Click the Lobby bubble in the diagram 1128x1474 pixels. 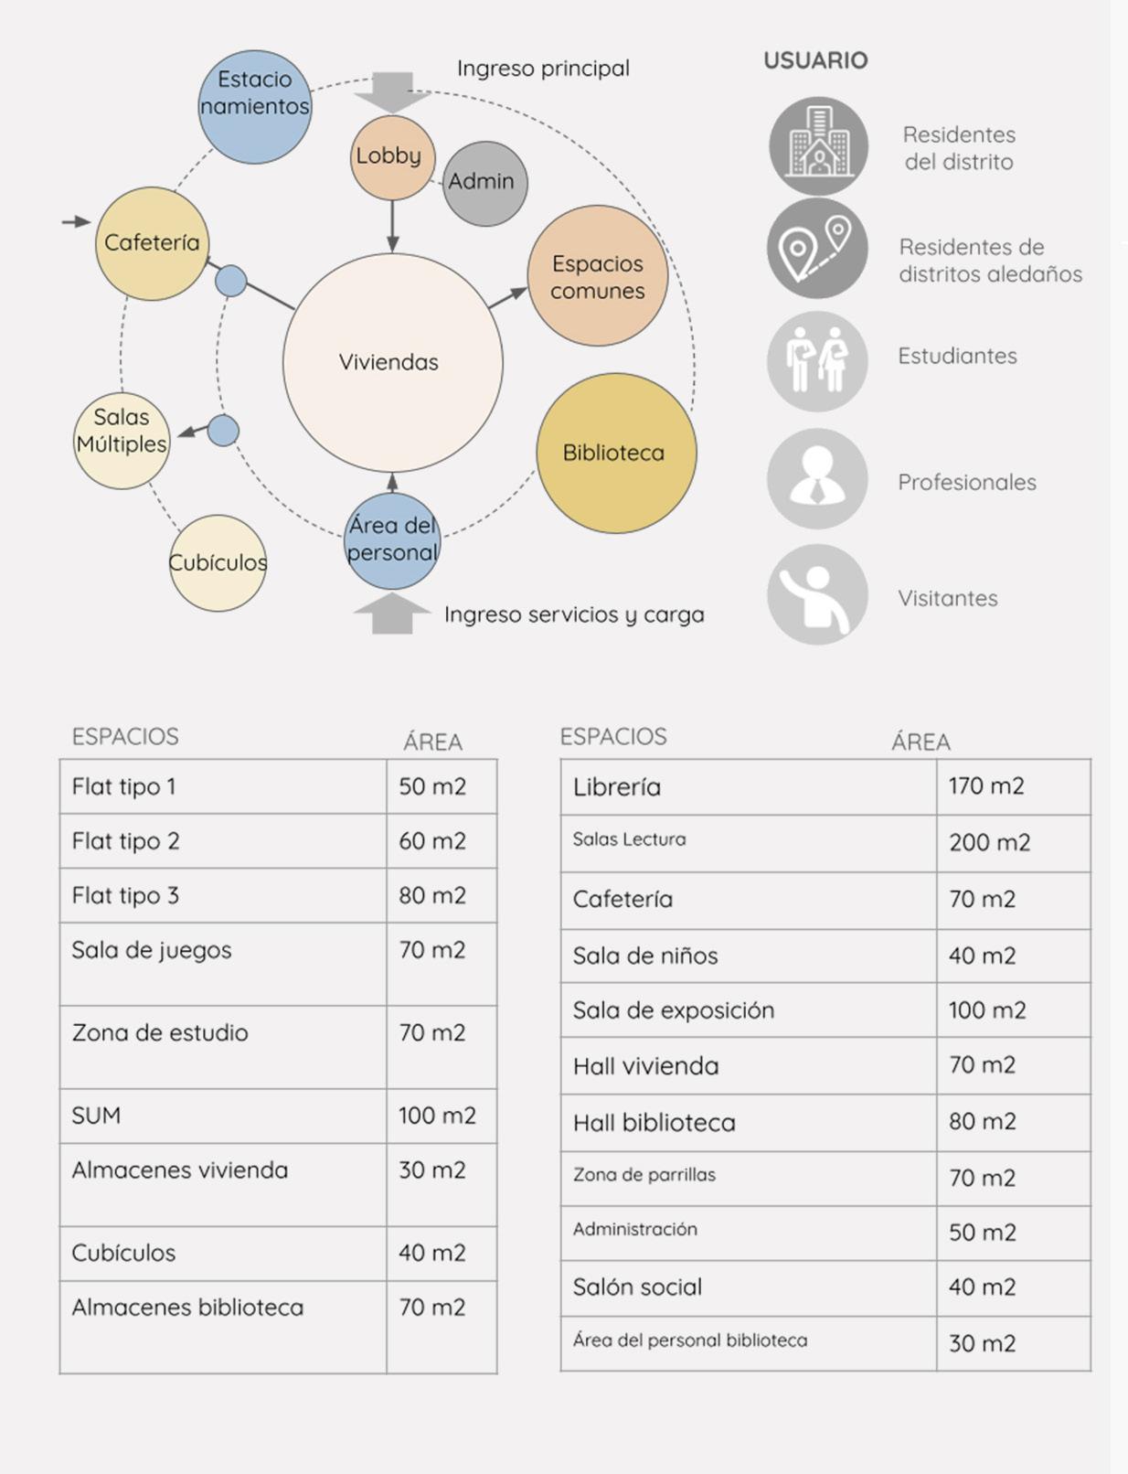coord(391,157)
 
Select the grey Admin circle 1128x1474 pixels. coord(484,183)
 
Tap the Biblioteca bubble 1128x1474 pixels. coord(615,453)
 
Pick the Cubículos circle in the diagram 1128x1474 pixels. coord(218,562)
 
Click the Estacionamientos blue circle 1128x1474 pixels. coord(254,101)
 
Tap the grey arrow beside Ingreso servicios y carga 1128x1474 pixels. coord(392,614)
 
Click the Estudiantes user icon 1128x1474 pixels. coord(817,360)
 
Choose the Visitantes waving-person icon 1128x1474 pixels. coord(817,594)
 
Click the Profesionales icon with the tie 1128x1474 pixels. coord(817,478)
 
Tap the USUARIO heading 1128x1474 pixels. coord(815,60)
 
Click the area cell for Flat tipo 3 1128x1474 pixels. coord(432,895)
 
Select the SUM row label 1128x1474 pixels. coord(96,1116)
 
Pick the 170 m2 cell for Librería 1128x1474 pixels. coord(986,785)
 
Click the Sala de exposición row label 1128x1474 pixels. coord(674,1010)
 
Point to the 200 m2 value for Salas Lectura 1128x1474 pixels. coord(989,842)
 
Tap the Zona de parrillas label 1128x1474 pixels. coord(644,1175)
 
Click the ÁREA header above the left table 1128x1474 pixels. coord(432,742)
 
